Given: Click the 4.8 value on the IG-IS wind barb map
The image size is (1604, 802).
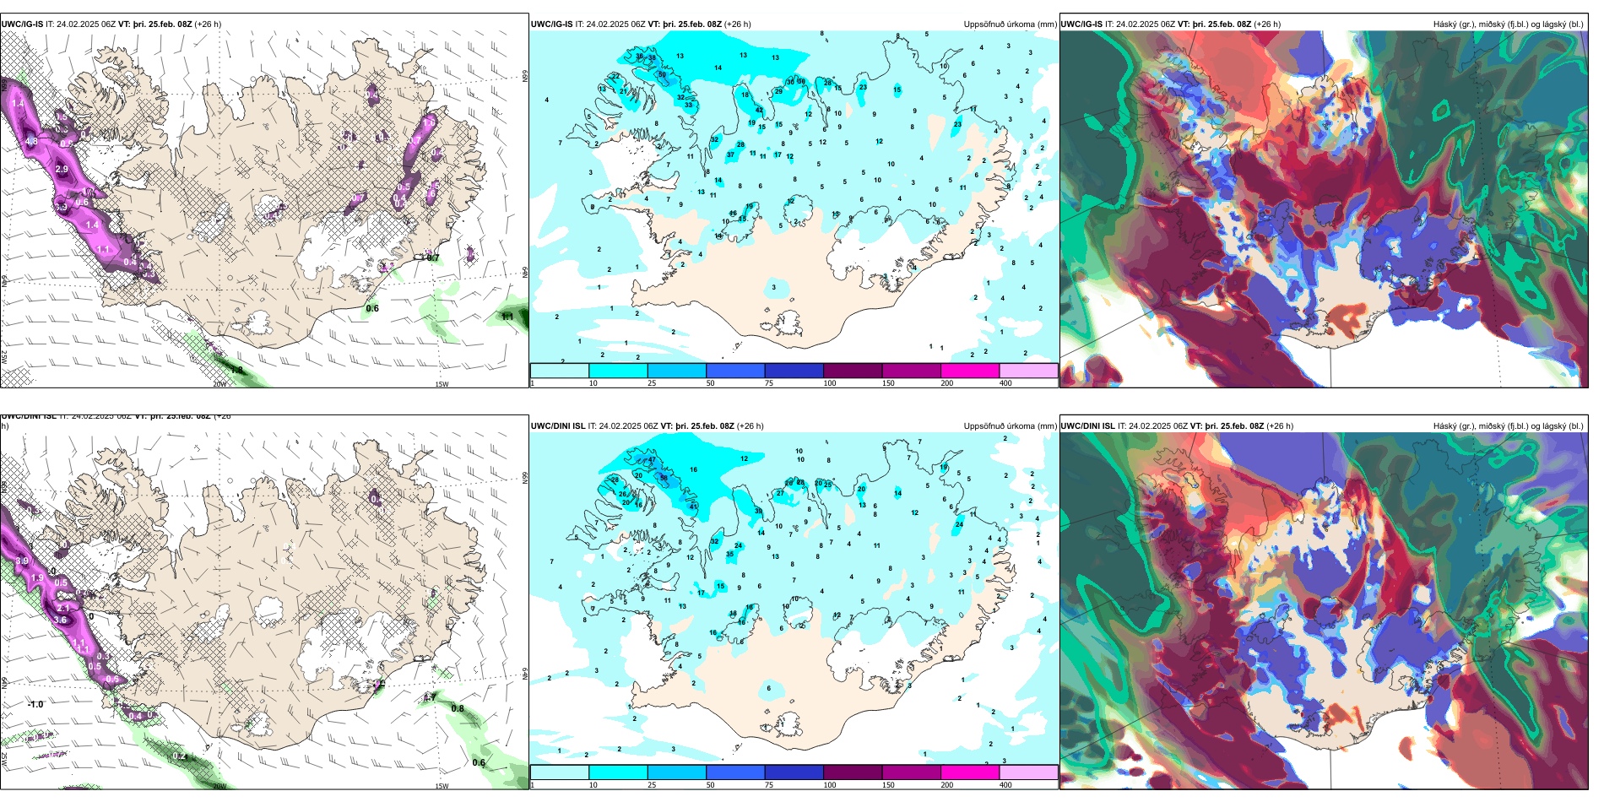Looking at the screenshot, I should (31, 141).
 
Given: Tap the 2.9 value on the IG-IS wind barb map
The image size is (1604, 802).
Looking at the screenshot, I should (62, 169).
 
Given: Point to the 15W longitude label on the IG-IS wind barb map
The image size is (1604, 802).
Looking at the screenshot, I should (441, 384).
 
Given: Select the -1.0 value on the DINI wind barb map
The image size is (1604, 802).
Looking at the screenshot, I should (35, 704).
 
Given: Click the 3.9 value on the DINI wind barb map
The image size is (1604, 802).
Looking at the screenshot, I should (22, 561).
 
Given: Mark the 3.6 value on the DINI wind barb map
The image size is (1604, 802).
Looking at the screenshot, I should (59, 620).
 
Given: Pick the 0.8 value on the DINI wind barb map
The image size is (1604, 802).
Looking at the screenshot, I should (457, 708).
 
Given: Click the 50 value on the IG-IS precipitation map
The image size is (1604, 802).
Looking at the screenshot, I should (662, 75).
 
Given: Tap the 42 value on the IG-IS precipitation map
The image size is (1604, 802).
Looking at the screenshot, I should (759, 111).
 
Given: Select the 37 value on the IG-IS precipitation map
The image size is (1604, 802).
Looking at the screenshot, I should (731, 155).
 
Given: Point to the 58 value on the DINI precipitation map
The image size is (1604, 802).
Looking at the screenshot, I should (664, 478).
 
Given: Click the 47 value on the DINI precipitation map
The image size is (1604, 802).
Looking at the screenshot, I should (652, 461).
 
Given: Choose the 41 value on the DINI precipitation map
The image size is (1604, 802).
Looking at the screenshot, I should (693, 507).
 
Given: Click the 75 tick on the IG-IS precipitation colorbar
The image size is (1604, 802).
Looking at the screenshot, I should (769, 383).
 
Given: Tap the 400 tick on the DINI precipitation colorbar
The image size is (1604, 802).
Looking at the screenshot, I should (1005, 785).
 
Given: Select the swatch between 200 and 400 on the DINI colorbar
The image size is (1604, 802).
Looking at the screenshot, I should (1028, 772).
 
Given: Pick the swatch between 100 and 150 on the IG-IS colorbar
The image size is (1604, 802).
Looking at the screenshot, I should (853, 371).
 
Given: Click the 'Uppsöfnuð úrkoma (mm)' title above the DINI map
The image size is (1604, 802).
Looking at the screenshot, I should (1010, 426).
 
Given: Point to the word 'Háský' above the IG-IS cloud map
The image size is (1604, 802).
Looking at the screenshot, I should (1446, 24).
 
